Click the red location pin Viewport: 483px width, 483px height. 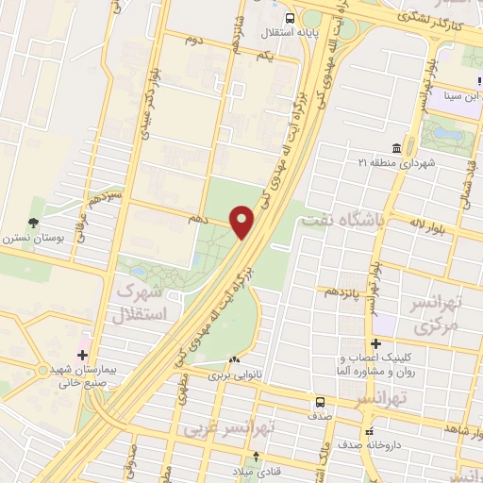242,221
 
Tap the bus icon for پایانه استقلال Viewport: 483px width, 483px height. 289,18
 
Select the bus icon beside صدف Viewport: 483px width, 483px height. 321,401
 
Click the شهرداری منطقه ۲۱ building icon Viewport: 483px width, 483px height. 394,149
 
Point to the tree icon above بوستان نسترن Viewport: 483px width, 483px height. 35,223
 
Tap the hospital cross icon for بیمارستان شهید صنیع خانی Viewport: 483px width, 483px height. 83,356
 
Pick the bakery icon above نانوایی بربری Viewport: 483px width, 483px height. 234,359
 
